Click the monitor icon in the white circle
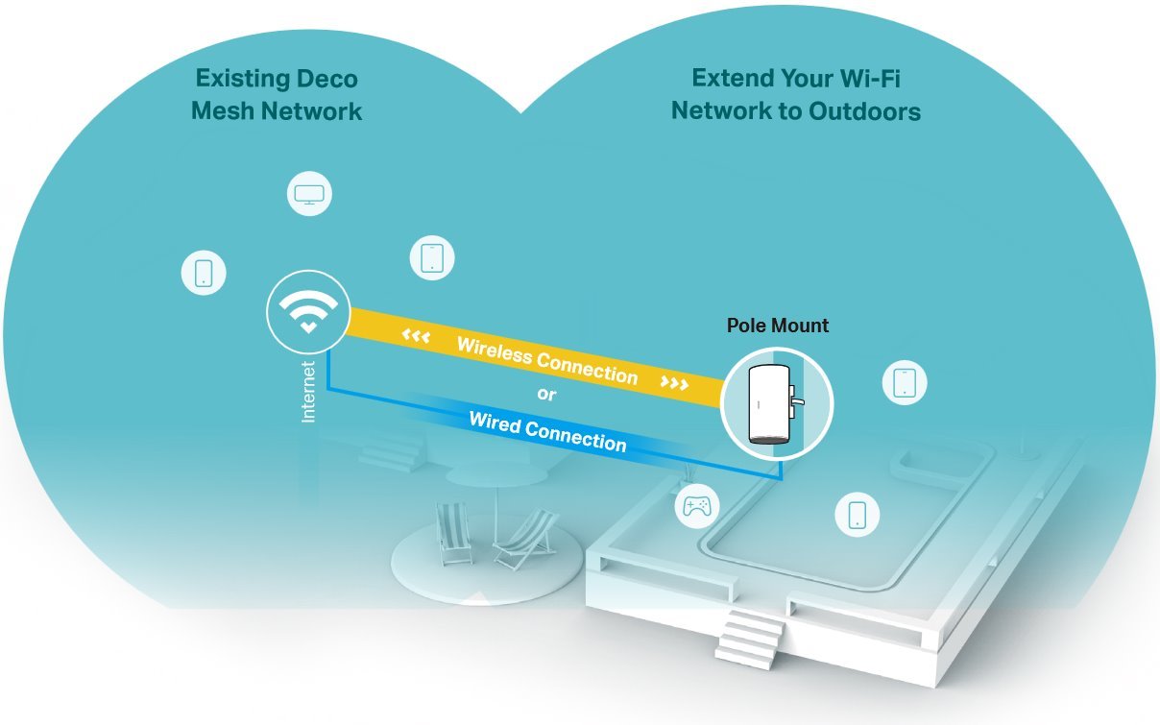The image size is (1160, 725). click(309, 195)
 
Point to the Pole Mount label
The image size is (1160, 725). click(777, 326)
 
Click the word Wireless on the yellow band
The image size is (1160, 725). click(494, 350)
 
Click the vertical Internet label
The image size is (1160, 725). click(308, 392)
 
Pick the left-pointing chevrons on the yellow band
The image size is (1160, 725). click(416, 337)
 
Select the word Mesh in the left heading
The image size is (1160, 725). click(225, 111)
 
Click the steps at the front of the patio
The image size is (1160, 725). click(749, 637)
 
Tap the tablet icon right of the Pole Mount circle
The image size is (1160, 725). click(905, 382)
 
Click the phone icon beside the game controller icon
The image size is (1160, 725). click(858, 514)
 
